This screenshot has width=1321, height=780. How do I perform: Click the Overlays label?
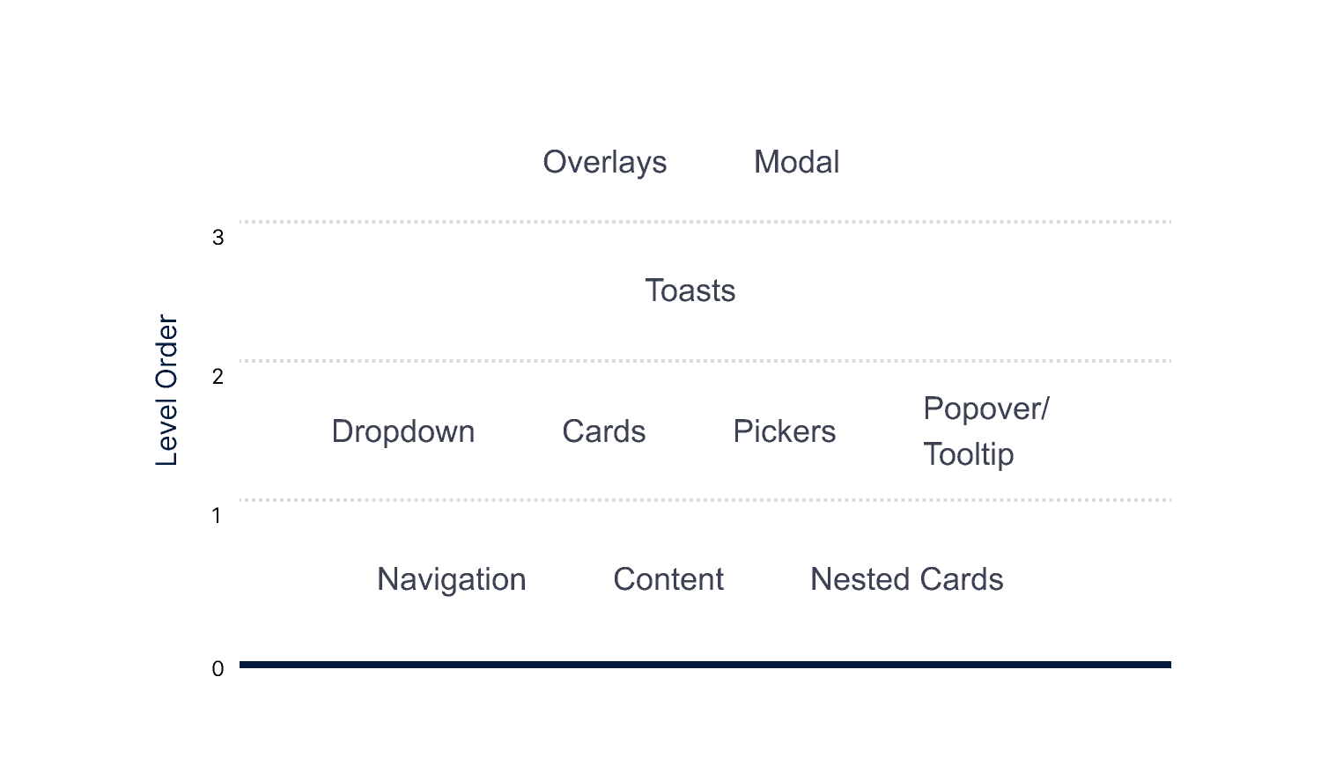(x=605, y=162)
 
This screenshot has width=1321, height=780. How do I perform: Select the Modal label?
(x=797, y=162)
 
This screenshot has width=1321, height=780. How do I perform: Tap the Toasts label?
(x=690, y=291)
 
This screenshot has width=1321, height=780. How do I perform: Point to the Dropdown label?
(x=403, y=431)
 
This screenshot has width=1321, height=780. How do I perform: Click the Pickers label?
(x=785, y=431)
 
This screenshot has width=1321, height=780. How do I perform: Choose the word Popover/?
(x=986, y=408)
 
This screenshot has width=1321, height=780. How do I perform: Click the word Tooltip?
(x=969, y=454)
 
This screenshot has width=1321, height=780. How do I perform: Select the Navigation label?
(x=452, y=579)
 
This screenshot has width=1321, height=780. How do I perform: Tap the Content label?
(x=668, y=579)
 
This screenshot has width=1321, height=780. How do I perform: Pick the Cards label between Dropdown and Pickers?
(x=604, y=431)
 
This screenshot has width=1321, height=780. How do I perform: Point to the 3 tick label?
(x=218, y=238)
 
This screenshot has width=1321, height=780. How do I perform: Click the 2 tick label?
(x=218, y=377)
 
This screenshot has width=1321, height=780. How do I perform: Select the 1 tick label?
(x=217, y=516)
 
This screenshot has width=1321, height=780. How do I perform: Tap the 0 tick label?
(x=218, y=669)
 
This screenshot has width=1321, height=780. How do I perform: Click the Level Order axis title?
(x=166, y=390)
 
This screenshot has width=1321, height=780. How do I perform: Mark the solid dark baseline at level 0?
(x=705, y=665)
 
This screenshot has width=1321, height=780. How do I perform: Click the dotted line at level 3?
(x=705, y=222)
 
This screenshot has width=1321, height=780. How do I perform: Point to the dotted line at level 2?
(x=705, y=361)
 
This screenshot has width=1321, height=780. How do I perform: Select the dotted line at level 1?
(x=705, y=500)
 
